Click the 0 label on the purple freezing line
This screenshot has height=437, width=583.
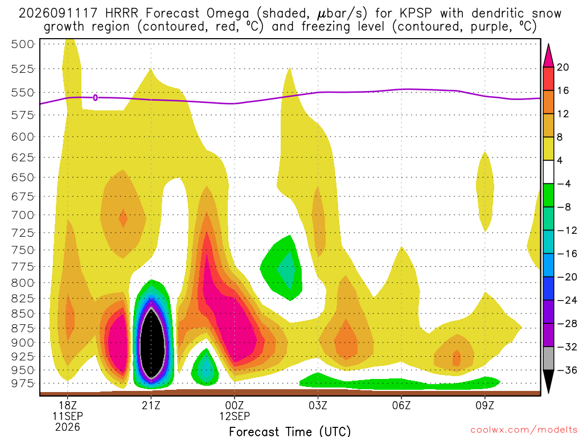[x=96, y=98]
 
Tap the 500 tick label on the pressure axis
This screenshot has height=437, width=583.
[x=23, y=44]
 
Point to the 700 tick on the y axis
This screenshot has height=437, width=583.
[x=23, y=215]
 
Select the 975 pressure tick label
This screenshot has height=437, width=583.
[x=23, y=383]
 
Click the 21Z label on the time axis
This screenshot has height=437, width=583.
[x=151, y=405]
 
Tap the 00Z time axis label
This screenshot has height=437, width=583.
[x=235, y=405]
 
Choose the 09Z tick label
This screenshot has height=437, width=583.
[x=485, y=405]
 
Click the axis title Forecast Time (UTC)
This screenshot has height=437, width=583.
[x=290, y=431]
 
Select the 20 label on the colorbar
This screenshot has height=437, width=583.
[x=563, y=67]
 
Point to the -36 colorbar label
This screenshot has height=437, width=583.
[x=566, y=370]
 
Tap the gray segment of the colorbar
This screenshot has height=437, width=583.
[x=548, y=358]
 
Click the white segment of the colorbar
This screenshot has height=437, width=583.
[x=548, y=172]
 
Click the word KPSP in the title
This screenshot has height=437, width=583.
[x=416, y=14]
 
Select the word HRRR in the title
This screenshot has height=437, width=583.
[x=122, y=14]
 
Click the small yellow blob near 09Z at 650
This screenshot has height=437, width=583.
[x=485, y=192]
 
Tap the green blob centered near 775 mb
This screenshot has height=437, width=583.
[x=281, y=268]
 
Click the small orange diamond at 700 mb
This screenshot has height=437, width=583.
[x=123, y=218]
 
